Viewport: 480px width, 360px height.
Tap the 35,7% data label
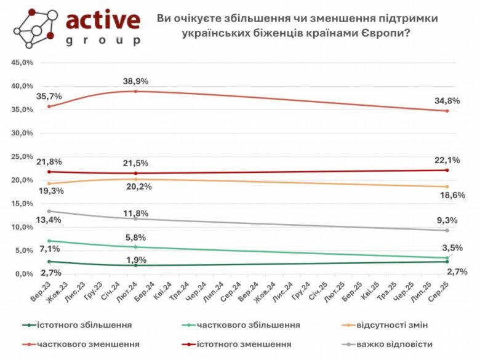[49, 97]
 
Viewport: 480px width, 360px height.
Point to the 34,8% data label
[447, 100]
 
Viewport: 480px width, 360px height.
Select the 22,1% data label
[447, 160]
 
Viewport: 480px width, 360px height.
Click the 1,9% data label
[137, 260]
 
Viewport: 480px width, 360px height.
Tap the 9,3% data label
[447, 220]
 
